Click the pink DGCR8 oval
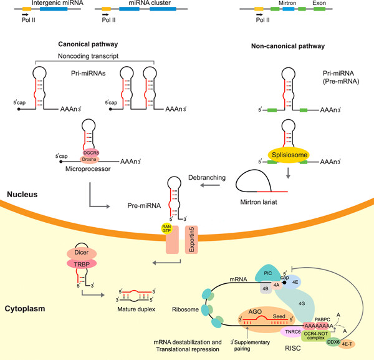(x=91, y=152)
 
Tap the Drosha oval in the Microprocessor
(x=89, y=159)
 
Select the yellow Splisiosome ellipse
(x=289, y=155)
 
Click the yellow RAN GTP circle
(x=166, y=229)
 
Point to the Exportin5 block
(x=191, y=240)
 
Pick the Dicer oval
(x=82, y=253)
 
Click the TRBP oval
(x=82, y=264)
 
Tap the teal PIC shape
(x=267, y=273)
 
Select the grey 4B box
(x=266, y=288)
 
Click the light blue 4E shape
(x=294, y=282)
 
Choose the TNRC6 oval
(x=292, y=332)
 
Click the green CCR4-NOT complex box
(x=316, y=336)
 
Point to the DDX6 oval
(x=333, y=342)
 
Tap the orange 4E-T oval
(x=347, y=344)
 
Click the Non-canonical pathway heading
(x=288, y=46)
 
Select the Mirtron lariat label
(x=259, y=202)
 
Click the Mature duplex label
(x=136, y=309)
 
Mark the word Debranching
(x=207, y=178)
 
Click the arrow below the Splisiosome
(x=288, y=173)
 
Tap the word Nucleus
(x=22, y=194)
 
